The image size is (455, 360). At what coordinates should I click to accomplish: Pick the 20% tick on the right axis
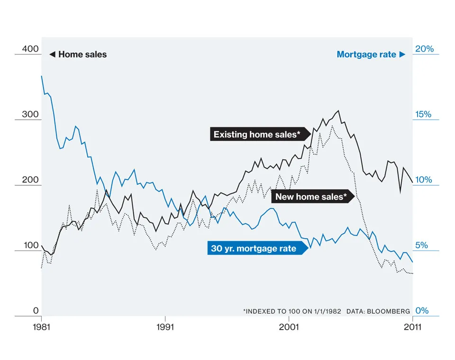tap(425, 49)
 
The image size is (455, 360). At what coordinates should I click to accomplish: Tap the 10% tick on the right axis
tap(425, 180)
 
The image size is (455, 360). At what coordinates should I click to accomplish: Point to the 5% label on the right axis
tap(422, 245)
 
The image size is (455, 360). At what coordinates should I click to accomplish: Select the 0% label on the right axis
tap(422, 311)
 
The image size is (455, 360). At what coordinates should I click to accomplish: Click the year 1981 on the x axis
tap(42, 326)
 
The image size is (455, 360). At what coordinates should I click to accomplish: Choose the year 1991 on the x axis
tap(165, 326)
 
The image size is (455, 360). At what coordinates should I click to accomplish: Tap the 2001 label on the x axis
tap(289, 326)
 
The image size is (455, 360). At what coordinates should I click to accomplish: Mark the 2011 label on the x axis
tap(412, 326)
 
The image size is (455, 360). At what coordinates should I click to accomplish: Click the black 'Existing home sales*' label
tap(257, 135)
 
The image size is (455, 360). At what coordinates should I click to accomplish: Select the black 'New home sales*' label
tap(311, 196)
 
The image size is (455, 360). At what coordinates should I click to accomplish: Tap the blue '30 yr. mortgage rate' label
tap(254, 248)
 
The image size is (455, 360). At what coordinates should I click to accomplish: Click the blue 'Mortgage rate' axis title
tap(366, 54)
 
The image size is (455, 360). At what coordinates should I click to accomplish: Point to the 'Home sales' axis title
tap(82, 54)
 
